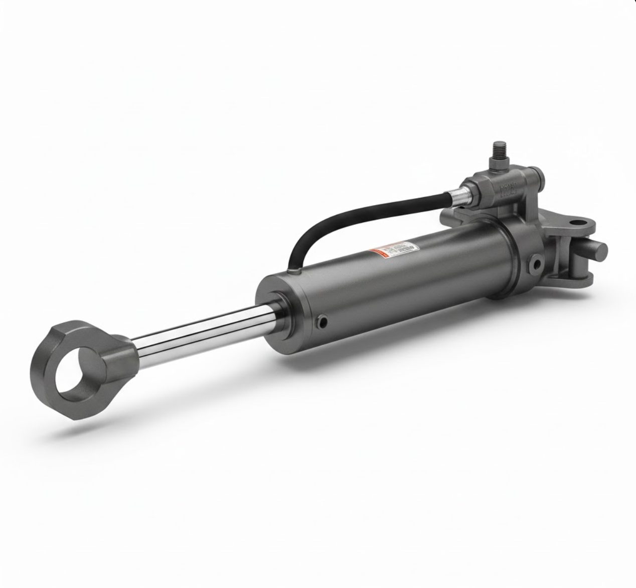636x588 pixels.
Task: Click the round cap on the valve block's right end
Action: click(x=537, y=179)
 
